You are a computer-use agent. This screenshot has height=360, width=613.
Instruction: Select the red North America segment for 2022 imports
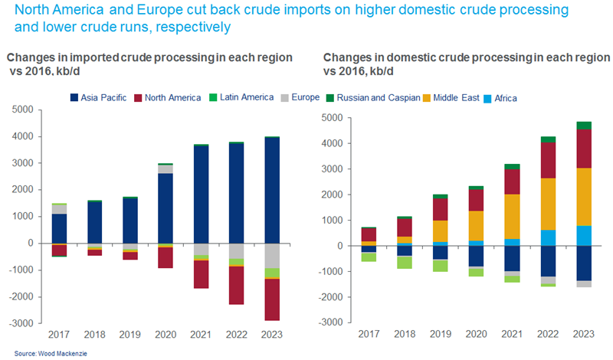[237, 285]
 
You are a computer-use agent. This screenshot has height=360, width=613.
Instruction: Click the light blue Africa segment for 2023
[583, 236]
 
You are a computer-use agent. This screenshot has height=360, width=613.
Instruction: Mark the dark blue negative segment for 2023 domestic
[583, 263]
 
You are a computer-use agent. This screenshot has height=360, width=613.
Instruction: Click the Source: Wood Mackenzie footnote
[39, 353]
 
